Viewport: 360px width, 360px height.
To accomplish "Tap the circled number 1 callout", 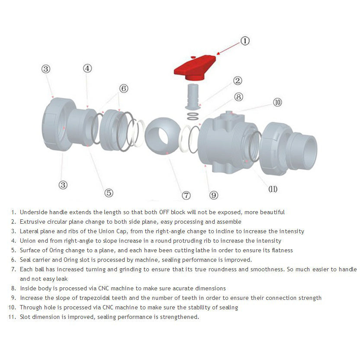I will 245,41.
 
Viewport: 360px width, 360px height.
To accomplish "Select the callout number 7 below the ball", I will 186,195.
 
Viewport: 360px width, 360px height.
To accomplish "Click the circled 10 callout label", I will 277,102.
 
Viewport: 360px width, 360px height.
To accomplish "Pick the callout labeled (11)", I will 273,189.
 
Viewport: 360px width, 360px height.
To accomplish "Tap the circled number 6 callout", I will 124,88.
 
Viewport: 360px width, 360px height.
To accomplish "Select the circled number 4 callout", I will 87,68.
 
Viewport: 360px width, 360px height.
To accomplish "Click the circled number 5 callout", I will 109,193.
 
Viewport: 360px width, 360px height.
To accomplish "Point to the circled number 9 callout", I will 214,195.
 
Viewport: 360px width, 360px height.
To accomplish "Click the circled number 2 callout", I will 238,80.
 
